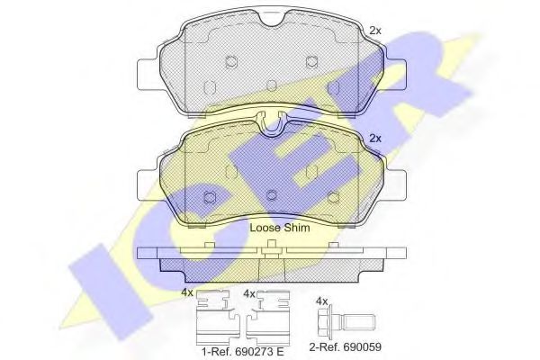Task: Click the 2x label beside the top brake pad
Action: (x=375, y=31)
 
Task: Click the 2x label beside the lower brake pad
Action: (x=375, y=139)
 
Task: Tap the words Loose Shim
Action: (x=280, y=228)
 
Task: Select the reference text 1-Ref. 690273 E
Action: (x=242, y=351)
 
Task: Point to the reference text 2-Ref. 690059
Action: (x=345, y=346)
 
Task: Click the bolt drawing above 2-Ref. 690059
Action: (x=347, y=321)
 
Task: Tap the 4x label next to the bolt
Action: (x=321, y=301)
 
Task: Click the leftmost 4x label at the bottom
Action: (x=188, y=293)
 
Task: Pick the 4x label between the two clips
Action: (x=249, y=294)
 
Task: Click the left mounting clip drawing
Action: (x=213, y=314)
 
